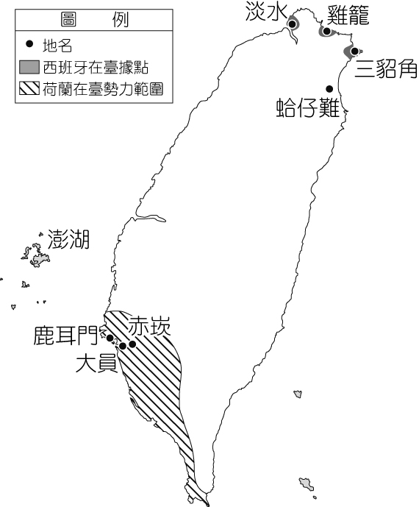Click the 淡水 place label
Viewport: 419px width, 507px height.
pyautogui.click(x=266, y=11)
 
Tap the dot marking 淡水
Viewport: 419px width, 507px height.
pyautogui.click(x=293, y=24)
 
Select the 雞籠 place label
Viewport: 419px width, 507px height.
pyautogui.click(x=348, y=15)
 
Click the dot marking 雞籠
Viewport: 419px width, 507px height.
pyautogui.click(x=326, y=32)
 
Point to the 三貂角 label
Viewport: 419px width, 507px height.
pyautogui.click(x=386, y=68)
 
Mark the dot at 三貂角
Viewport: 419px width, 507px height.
pyautogui.click(x=355, y=51)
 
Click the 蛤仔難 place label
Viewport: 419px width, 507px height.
pyautogui.click(x=308, y=107)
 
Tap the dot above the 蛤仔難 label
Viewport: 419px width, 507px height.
pyautogui.click(x=329, y=89)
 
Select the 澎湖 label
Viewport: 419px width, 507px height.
pyautogui.click(x=68, y=240)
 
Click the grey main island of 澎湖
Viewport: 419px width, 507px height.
pyautogui.click(x=40, y=259)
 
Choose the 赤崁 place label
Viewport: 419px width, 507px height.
pyautogui.click(x=149, y=327)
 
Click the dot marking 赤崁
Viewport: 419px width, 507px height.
pyautogui.click(x=132, y=344)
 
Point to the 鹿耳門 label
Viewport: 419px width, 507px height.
pyautogui.click(x=65, y=336)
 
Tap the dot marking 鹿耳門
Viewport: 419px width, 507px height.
pyautogui.click(x=110, y=338)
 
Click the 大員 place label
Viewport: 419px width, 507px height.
pyautogui.click(x=96, y=364)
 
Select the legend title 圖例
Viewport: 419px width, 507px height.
pyautogui.click(x=94, y=20)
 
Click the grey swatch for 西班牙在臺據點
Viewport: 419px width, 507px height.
pyautogui.click(x=29, y=67)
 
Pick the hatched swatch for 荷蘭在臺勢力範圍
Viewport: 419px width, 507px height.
pyautogui.click(x=29, y=88)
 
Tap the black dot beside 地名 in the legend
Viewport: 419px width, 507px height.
pyautogui.click(x=29, y=44)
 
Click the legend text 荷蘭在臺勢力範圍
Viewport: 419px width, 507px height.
pyautogui.click(x=103, y=89)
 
